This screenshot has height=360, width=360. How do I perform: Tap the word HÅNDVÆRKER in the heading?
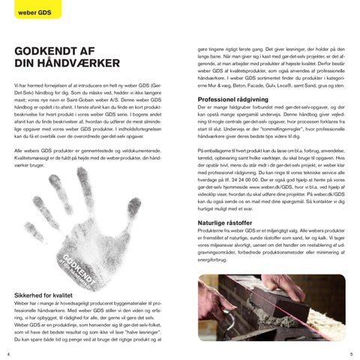click(60, 64)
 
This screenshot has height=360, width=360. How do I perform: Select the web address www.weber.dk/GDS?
click(266, 190)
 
